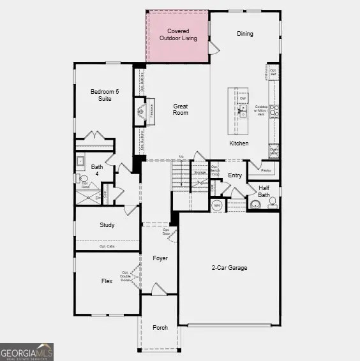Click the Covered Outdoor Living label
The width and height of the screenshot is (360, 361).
click(x=178, y=34)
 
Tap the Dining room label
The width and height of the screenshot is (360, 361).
click(x=245, y=34)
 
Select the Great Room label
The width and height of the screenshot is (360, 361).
click(x=181, y=109)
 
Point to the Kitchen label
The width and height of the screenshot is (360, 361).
click(x=239, y=144)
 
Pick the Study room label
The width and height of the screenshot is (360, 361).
click(x=107, y=225)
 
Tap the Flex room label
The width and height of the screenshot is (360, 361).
click(x=107, y=281)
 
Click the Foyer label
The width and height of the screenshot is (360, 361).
click(x=160, y=258)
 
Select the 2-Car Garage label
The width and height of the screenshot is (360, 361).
click(x=230, y=268)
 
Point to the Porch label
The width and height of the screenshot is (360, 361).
click(x=160, y=327)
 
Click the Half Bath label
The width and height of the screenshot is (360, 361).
click(x=264, y=190)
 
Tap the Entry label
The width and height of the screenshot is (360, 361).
click(x=235, y=175)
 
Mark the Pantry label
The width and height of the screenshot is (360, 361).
click(x=266, y=170)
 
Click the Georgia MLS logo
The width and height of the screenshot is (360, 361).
click(x=27, y=351)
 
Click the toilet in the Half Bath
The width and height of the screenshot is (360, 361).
click(x=256, y=205)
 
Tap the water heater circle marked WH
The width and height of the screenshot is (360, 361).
click(x=216, y=205)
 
